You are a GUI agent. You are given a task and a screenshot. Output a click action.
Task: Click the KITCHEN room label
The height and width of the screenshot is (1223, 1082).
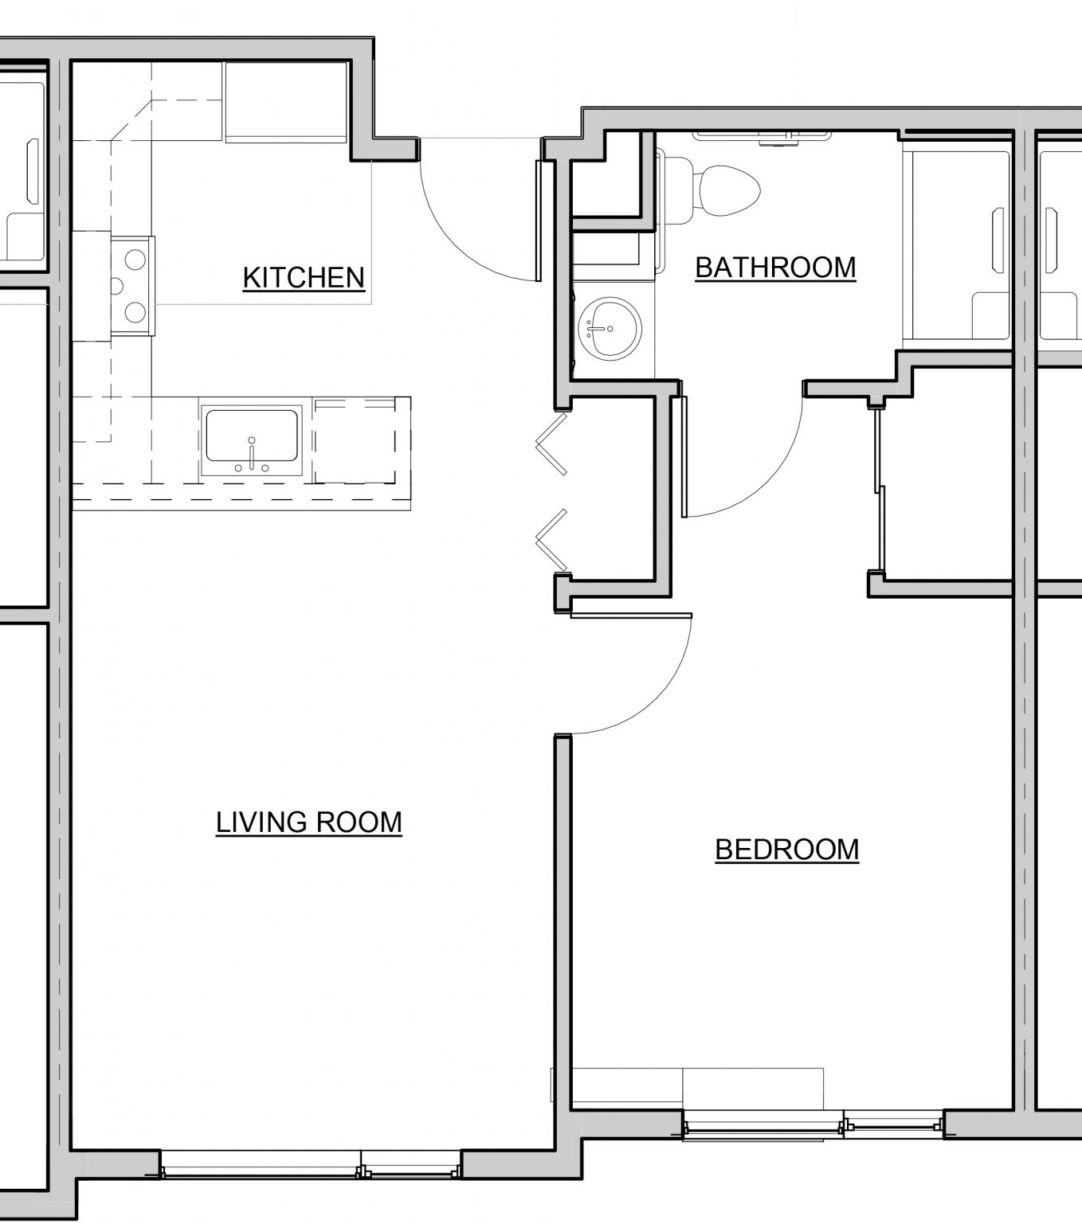tap(304, 278)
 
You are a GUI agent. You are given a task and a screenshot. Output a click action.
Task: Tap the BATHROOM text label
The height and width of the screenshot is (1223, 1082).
tap(775, 268)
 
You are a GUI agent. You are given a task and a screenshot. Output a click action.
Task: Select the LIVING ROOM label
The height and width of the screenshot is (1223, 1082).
tap(309, 822)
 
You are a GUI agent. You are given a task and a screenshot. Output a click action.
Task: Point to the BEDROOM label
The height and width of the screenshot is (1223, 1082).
tap(787, 850)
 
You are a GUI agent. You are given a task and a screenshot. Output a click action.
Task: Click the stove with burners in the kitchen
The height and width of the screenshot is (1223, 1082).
tap(132, 285)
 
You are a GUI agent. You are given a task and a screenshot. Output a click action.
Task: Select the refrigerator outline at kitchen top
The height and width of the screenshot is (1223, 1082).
tap(286, 102)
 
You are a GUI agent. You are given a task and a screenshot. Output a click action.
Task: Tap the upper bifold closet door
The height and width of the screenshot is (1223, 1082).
tap(551, 443)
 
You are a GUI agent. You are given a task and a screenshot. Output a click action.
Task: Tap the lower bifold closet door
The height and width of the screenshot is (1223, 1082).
tap(551, 541)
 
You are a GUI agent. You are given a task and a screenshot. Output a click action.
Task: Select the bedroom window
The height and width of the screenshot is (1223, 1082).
tap(813, 1124)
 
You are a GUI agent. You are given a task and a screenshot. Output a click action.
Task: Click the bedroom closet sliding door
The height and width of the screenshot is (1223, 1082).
tap(879, 487)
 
